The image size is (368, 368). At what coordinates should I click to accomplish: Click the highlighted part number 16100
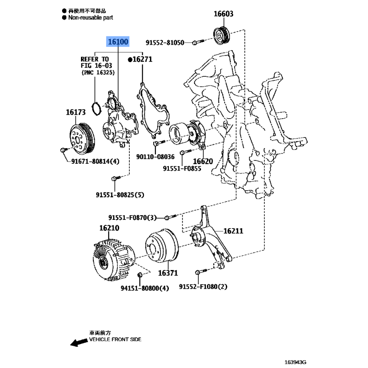[118, 41]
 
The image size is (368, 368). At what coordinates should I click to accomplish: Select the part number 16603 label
[224, 14]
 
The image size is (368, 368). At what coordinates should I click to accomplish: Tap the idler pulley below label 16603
[222, 36]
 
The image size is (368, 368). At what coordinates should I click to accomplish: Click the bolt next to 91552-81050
[198, 42]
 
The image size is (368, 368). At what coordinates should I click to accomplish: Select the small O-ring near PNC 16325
[96, 109]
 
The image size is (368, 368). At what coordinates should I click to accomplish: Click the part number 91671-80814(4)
[95, 161]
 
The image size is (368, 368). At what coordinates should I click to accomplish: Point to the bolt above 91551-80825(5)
[116, 178]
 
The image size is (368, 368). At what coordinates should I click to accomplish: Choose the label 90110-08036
[155, 156]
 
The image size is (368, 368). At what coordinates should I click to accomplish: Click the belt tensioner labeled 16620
[188, 133]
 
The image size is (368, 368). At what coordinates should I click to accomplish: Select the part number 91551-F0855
[182, 168]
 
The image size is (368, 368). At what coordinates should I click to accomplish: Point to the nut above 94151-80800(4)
[140, 275]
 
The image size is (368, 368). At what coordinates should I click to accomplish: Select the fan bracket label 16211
[233, 231]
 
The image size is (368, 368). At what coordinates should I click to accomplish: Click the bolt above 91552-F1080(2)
[201, 271]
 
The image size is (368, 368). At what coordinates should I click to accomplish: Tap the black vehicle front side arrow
[79, 342]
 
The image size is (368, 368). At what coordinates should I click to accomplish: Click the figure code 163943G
[295, 362]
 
